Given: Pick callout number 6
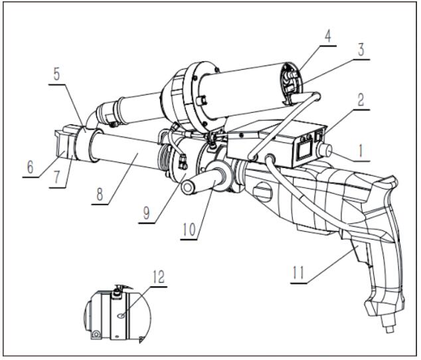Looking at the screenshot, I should [x=31, y=168].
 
